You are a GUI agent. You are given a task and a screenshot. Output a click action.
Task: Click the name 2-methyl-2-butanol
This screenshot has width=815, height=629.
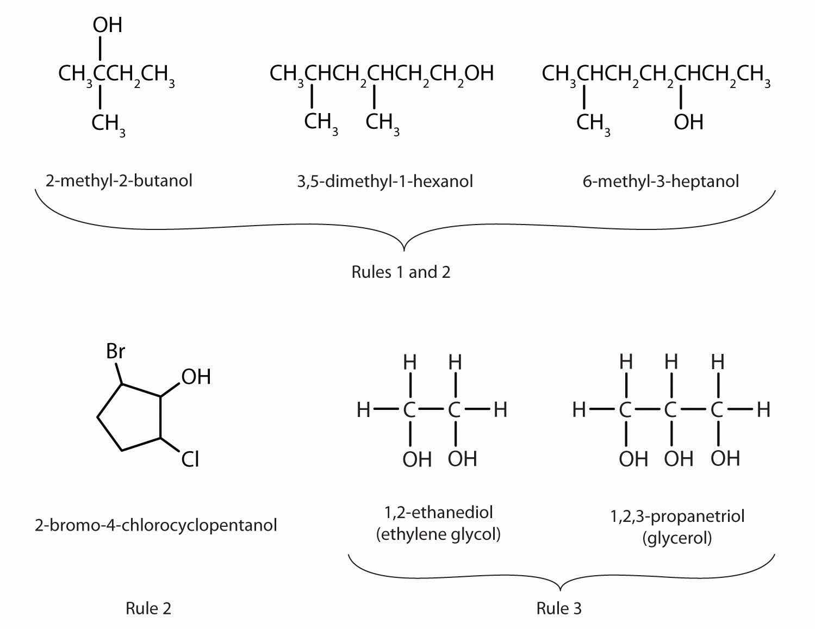119,180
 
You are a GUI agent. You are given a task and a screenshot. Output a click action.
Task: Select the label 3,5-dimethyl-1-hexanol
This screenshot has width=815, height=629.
385,181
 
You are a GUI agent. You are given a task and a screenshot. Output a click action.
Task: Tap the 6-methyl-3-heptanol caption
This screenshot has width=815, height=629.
661,181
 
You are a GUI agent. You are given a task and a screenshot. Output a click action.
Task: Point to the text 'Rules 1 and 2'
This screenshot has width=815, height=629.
401,271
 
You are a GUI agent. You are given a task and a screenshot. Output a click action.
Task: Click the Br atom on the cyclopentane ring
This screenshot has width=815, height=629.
115,352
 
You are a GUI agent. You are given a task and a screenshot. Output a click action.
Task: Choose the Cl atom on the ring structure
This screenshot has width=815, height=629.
190,460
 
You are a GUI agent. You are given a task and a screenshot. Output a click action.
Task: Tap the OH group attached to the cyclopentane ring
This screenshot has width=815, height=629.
196,377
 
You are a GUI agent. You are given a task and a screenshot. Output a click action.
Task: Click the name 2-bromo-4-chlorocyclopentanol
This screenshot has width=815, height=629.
155,525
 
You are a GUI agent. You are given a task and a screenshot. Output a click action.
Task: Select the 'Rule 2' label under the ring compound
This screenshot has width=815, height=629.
148,608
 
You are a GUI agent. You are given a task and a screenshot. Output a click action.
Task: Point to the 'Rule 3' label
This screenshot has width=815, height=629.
559,608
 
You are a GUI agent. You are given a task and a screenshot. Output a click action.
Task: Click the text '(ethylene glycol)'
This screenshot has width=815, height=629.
438,534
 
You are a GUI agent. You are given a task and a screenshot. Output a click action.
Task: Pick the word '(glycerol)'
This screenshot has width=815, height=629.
676,538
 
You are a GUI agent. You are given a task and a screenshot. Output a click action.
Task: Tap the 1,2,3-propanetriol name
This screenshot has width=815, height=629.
677,515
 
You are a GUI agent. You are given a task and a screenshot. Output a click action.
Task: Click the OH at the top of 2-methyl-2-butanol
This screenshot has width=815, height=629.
107,25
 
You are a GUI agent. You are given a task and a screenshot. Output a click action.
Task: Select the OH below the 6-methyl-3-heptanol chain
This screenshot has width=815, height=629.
688,122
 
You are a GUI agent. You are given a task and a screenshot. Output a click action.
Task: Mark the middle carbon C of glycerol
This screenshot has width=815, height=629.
671,410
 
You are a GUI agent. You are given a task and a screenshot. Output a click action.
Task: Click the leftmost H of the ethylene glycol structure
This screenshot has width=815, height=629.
363,410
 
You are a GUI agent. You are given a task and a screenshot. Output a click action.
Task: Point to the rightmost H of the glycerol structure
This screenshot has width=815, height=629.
763,409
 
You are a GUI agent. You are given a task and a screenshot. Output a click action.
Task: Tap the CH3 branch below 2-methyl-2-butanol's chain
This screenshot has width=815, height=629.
108,124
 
